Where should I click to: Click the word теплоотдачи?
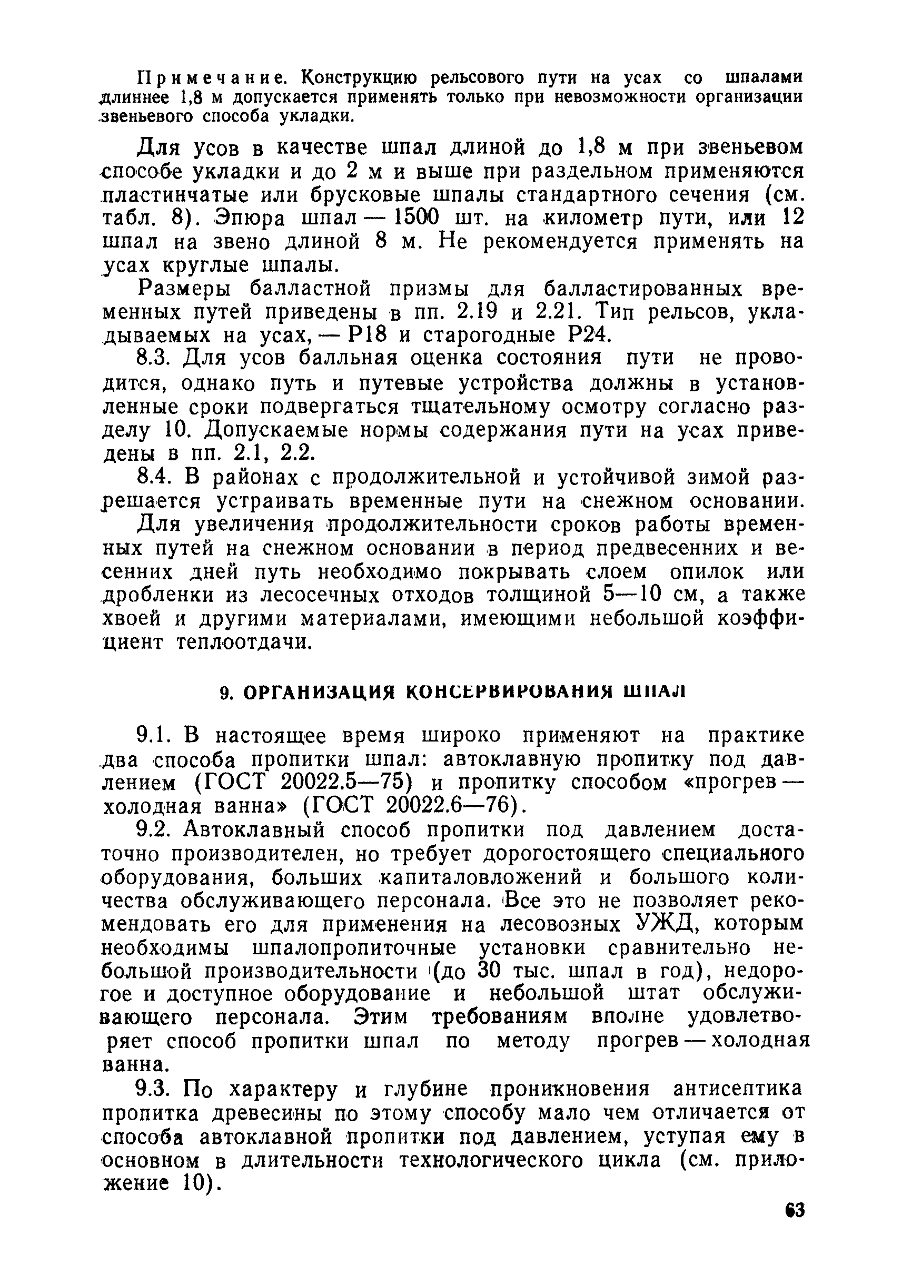pyautogui.click(x=241, y=644)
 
